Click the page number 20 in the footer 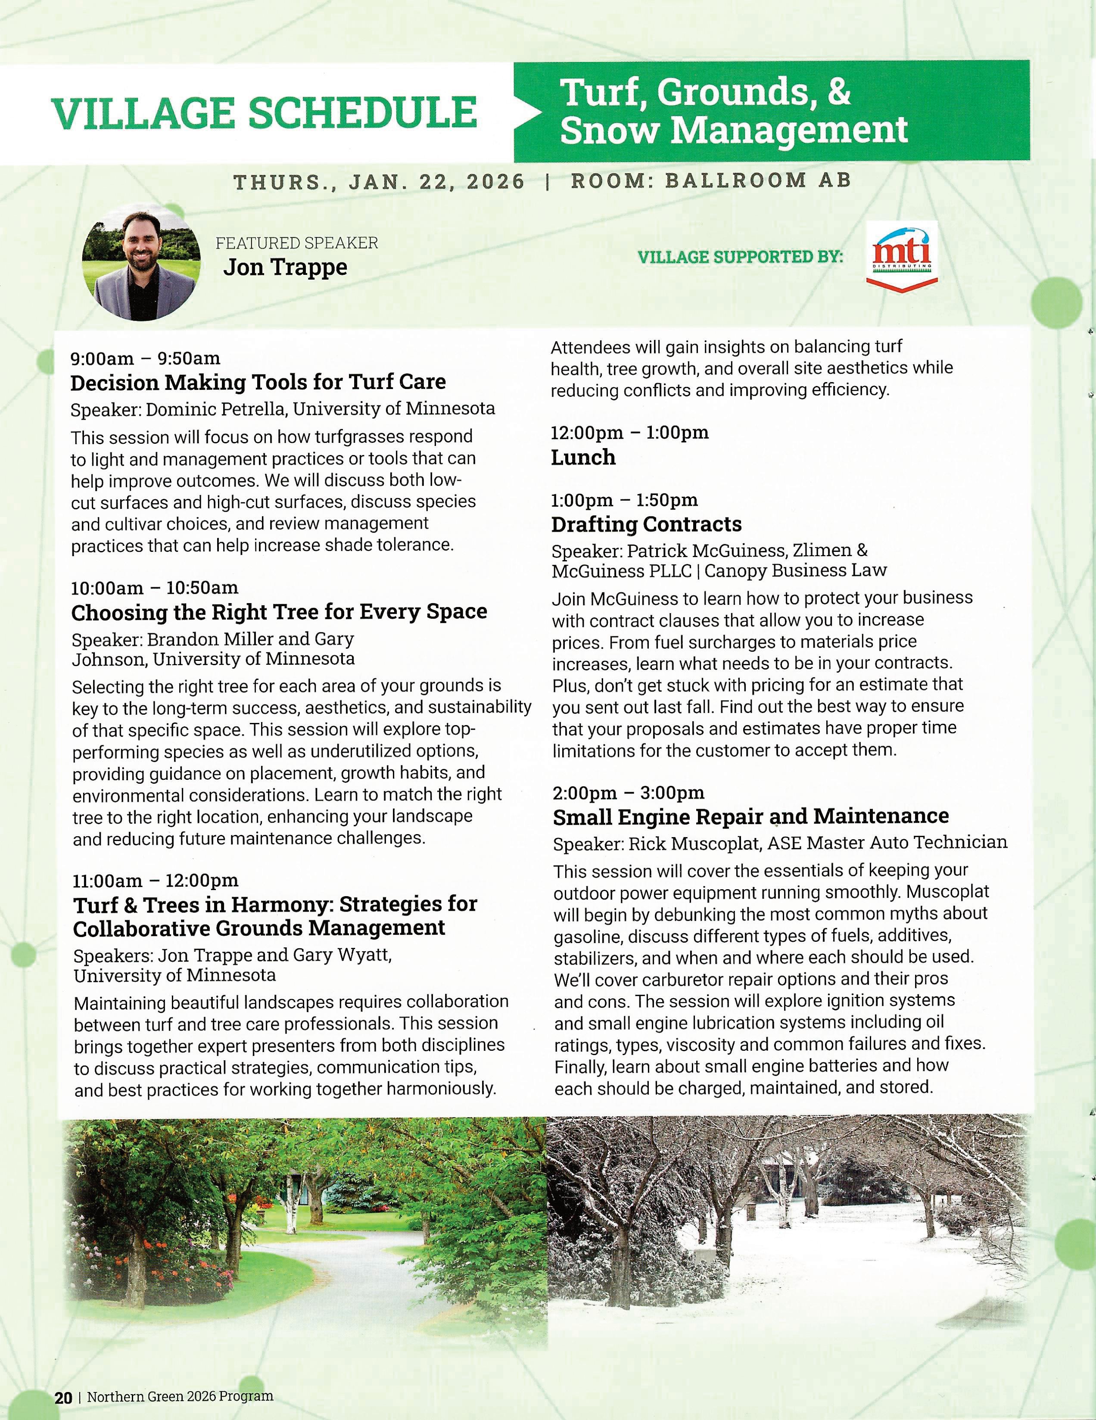[x=63, y=1397]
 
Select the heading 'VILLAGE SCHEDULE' [x=264, y=112]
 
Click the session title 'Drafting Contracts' [x=646, y=524]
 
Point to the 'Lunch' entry [x=583, y=457]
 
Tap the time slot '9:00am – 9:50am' [x=146, y=358]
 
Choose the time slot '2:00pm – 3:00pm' [x=629, y=793]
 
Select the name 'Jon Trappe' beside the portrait [x=285, y=267]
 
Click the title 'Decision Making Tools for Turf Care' [x=258, y=382]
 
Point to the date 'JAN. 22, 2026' [x=436, y=181]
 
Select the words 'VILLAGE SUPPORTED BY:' [x=741, y=257]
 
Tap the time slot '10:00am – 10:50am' [x=155, y=588]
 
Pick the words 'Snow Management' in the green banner [x=733, y=129]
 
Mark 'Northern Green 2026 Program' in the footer [x=180, y=1397]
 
